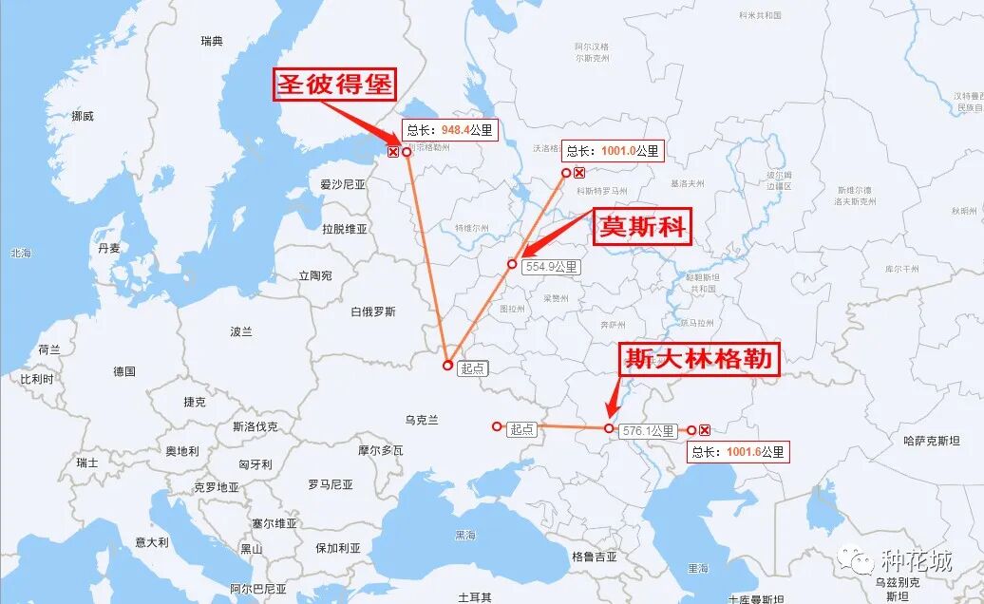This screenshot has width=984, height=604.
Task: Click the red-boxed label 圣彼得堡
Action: click(334, 84)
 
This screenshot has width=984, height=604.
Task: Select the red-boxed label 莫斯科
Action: click(642, 228)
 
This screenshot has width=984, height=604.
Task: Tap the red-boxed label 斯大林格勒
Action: click(700, 359)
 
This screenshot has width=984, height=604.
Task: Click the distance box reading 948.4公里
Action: click(450, 131)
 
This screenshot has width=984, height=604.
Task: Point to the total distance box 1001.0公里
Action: click(611, 151)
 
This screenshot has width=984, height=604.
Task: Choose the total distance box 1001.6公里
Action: click(738, 452)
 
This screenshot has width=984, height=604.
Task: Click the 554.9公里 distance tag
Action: click(551, 267)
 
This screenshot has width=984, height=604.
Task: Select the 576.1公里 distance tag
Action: click(649, 431)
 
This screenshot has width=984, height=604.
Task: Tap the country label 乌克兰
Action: click(422, 420)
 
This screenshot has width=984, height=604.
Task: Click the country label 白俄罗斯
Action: click(372, 311)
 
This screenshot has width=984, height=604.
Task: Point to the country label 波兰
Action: click(241, 331)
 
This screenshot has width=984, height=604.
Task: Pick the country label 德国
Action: click(124, 371)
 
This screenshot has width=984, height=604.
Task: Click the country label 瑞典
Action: click(212, 41)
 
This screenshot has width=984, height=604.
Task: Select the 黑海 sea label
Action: click(465, 536)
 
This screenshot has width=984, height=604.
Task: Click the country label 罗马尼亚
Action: click(330, 484)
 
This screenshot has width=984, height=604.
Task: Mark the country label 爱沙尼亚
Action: click(343, 184)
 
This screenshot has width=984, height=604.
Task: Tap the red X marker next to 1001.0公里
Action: click(579, 173)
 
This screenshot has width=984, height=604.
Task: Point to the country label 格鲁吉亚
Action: click(595, 557)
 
